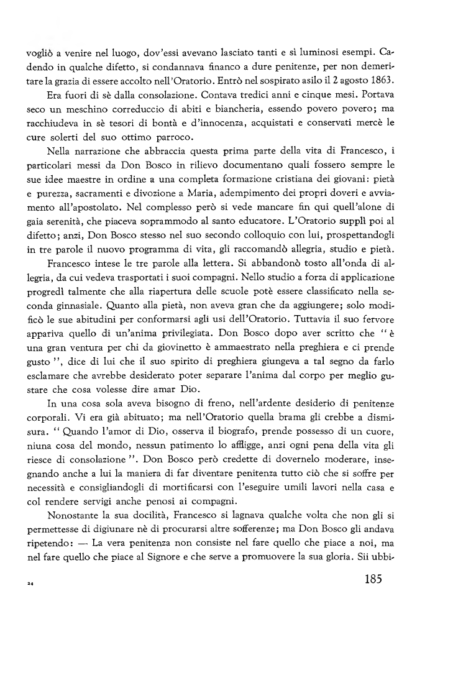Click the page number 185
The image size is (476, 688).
[x=370, y=580]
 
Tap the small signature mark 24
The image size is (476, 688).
[x=29, y=584]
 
